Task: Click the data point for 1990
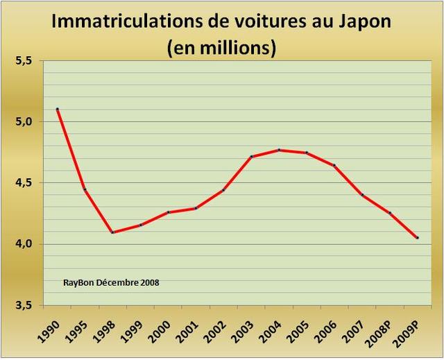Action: point(57,109)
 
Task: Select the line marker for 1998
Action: point(112,232)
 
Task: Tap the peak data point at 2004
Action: point(279,150)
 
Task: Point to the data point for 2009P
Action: point(418,238)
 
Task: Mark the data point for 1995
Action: point(85,190)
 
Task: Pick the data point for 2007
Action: point(362,195)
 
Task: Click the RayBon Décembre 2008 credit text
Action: point(111,283)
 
